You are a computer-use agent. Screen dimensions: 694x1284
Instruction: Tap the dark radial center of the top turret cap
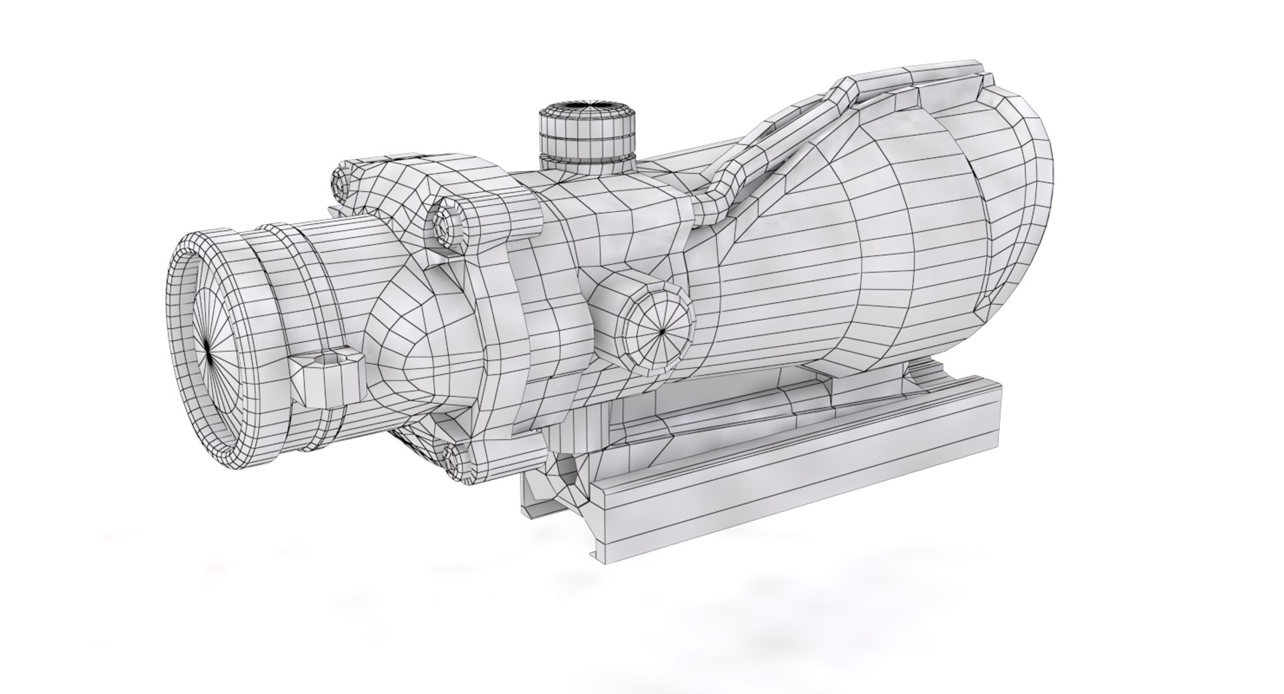[588, 105]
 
